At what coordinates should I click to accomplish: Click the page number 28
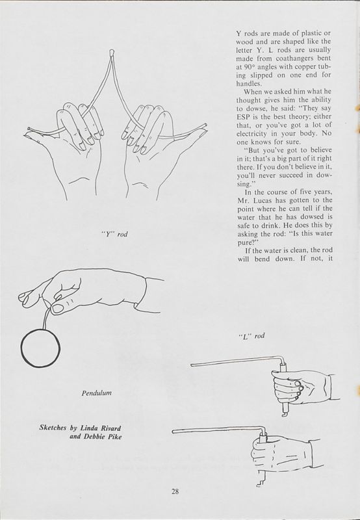point(175,491)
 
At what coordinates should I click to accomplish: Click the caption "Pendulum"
point(97,394)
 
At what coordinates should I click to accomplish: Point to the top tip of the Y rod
point(112,50)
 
